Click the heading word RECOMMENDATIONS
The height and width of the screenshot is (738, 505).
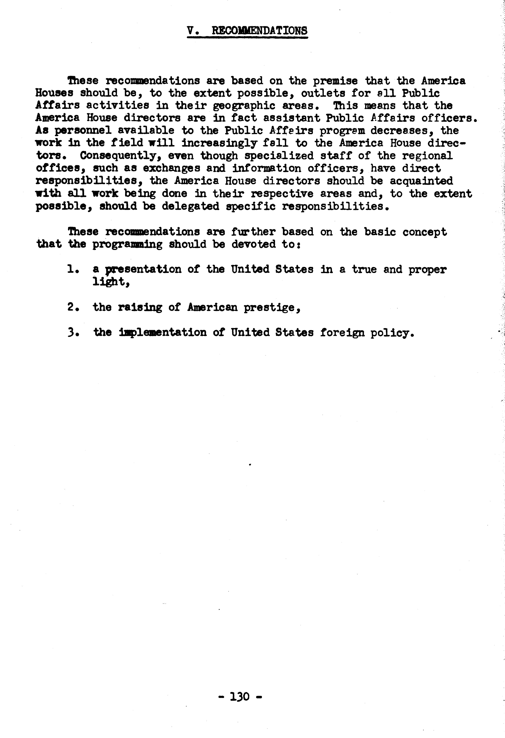[260, 31]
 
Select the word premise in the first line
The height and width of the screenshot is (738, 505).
[336, 81]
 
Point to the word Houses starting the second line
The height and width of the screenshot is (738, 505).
[54, 93]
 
